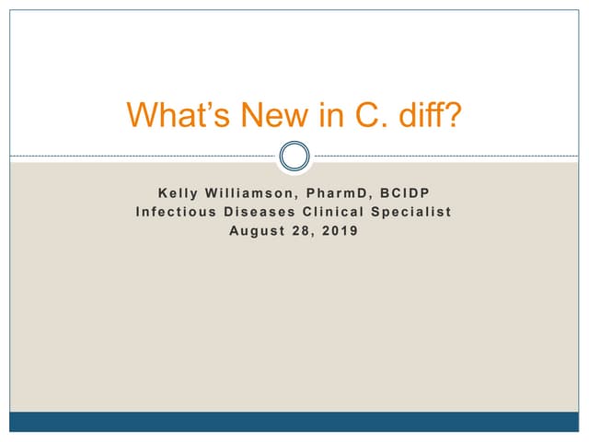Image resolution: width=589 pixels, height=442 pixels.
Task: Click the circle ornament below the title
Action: [x=294, y=156]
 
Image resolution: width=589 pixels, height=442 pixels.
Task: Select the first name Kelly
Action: [x=177, y=193]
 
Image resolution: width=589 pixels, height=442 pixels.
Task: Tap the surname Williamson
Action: [x=247, y=193]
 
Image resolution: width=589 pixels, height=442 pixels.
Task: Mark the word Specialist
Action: [x=414, y=212]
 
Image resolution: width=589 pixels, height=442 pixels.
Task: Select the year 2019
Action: [x=342, y=230]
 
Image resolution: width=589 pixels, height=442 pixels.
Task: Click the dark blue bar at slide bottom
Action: [x=294, y=422]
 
